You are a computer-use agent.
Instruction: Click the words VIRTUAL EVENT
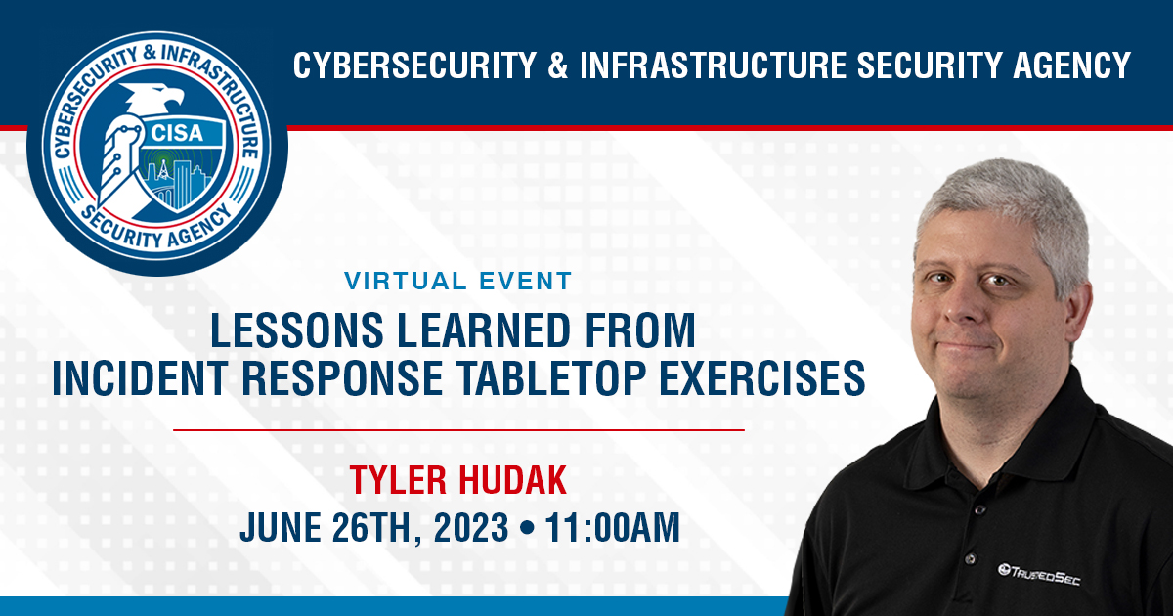point(457,282)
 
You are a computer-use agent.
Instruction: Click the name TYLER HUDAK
point(458,481)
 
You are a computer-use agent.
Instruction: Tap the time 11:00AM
point(613,528)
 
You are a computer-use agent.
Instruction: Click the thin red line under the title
point(458,429)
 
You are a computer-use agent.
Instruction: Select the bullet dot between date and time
point(527,529)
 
